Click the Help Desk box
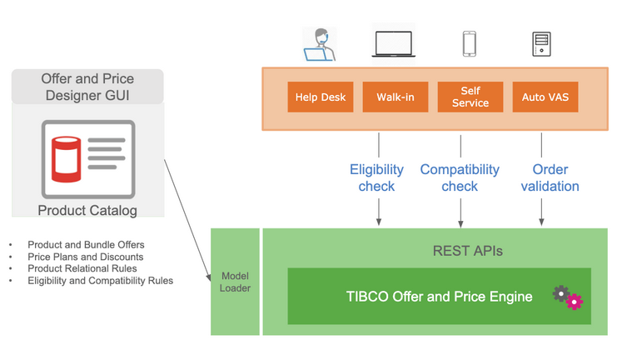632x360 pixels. pyautogui.click(x=321, y=97)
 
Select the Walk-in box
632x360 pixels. pyautogui.click(x=396, y=97)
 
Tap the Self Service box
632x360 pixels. pyautogui.click(x=470, y=97)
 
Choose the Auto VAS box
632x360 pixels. pyautogui.click(x=545, y=97)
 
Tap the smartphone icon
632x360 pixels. pyautogui.click(x=470, y=43)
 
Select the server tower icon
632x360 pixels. pyautogui.click(x=541, y=43)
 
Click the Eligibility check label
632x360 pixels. pyautogui.click(x=376, y=177)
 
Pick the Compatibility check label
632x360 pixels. pyautogui.click(x=460, y=177)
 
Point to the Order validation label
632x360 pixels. pyautogui.click(x=550, y=177)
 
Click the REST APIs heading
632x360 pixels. pyautogui.click(x=468, y=250)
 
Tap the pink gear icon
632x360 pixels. pyautogui.click(x=575, y=302)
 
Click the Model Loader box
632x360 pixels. pyautogui.click(x=235, y=282)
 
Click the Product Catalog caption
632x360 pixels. pyautogui.click(x=87, y=210)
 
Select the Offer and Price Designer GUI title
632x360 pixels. pyautogui.click(x=87, y=87)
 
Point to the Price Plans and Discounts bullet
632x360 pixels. pyautogui.click(x=85, y=257)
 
